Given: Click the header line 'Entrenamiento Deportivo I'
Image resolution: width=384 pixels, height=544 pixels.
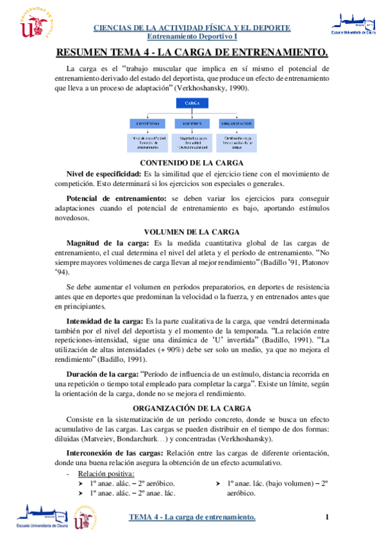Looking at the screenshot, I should point(192,38).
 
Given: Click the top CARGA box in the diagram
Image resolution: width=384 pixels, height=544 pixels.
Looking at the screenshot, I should point(191,103).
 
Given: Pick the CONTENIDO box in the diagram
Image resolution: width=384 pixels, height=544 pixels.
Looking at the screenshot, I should point(148,123).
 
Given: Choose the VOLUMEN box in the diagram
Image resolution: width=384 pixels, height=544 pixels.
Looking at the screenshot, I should point(191,123).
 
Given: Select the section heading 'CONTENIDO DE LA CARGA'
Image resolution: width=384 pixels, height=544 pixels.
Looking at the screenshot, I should point(192,163).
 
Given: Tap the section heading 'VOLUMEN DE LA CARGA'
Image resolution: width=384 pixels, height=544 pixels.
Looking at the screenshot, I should point(192,231).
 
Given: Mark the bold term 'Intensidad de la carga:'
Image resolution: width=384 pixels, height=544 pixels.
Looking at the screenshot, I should point(106,319).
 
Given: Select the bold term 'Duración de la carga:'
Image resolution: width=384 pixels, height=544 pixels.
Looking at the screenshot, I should point(103,373).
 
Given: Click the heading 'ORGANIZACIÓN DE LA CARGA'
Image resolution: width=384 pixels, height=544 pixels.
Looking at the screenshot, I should point(192,408).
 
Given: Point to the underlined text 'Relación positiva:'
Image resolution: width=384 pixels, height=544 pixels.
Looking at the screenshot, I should point(106,474).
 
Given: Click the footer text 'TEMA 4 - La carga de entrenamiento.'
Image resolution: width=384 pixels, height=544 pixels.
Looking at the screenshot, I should point(192,517).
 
